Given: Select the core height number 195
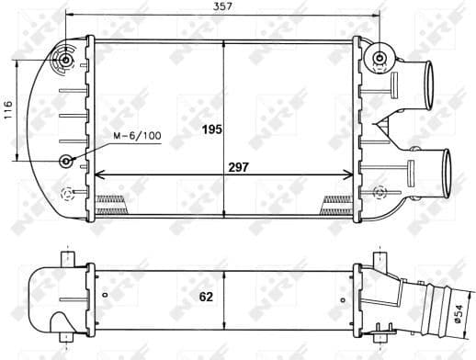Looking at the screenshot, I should [212, 129].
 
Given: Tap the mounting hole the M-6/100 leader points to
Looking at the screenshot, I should [66, 162].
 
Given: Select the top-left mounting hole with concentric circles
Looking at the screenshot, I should [66, 62].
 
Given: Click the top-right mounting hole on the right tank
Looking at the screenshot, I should [379, 61].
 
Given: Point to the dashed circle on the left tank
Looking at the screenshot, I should [66, 194].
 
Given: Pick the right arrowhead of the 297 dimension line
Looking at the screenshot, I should [349, 175].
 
